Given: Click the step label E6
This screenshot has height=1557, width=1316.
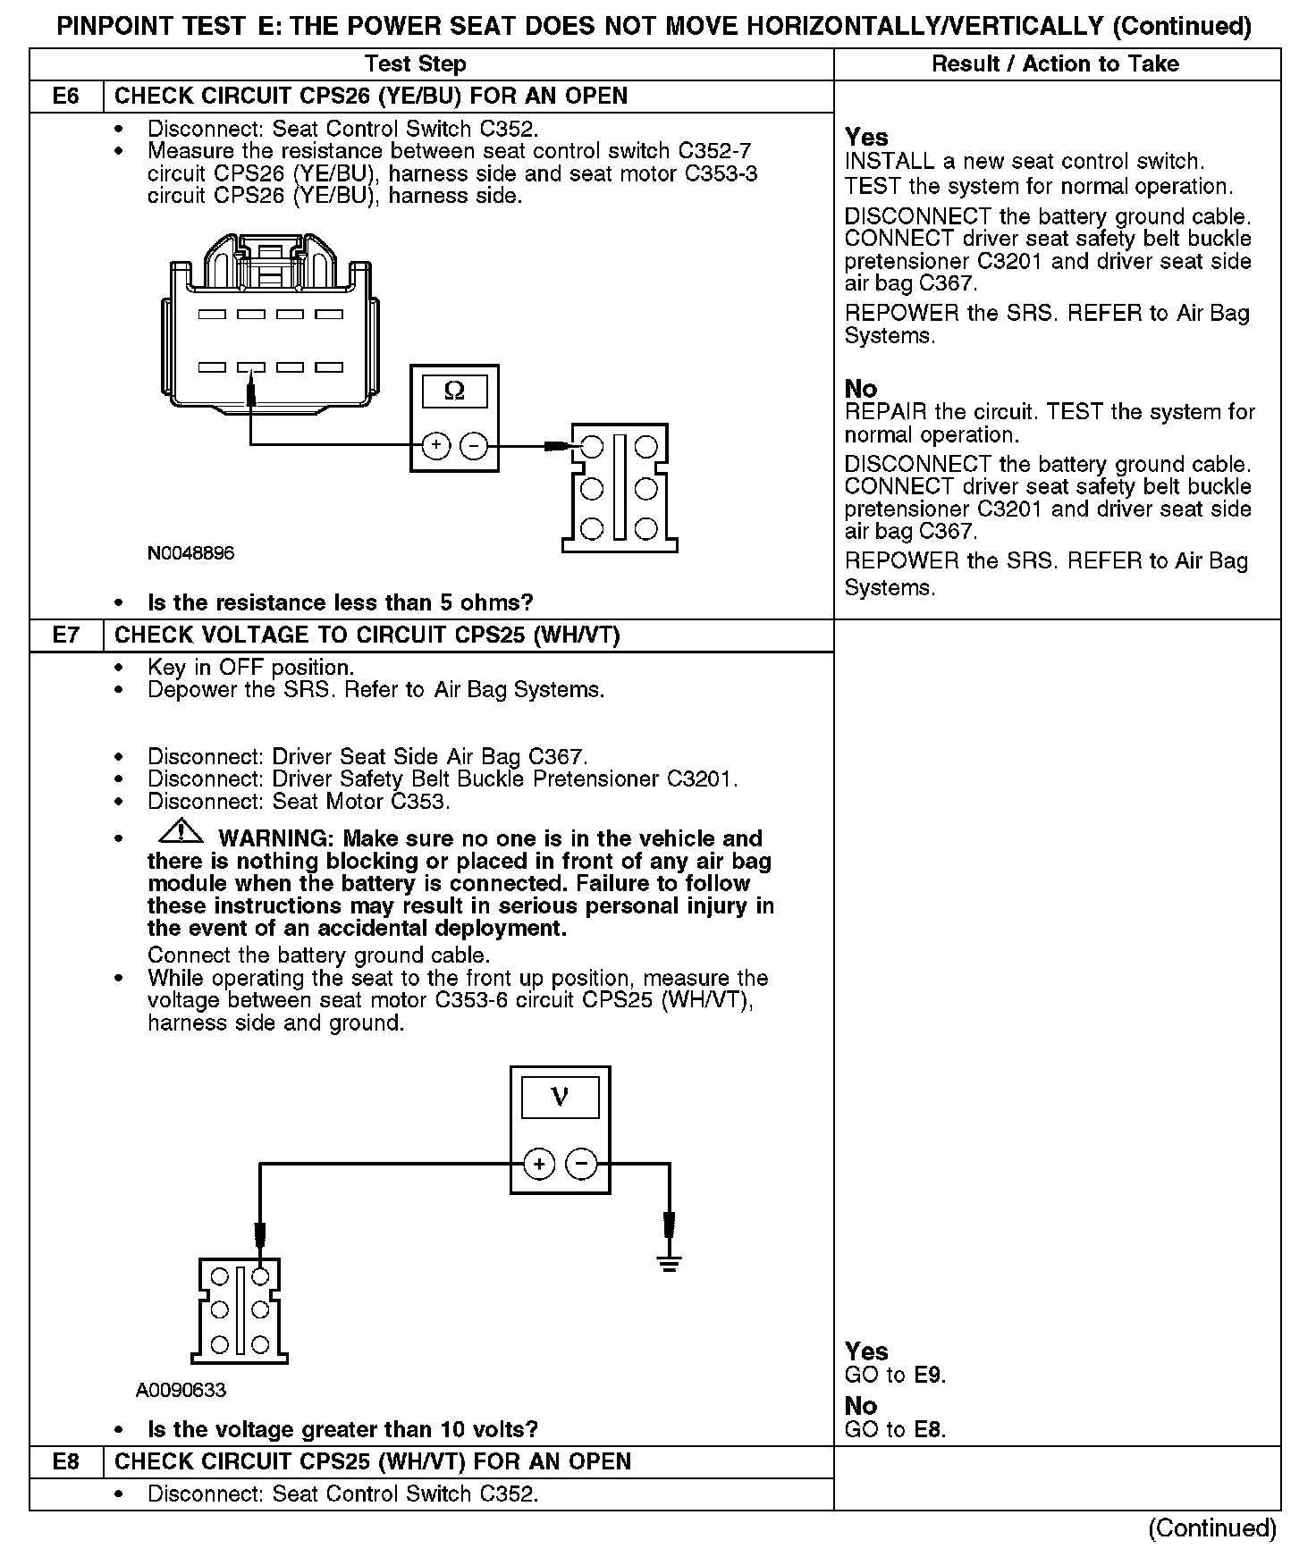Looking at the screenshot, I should coord(66,97).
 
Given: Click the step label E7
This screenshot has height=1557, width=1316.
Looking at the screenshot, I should coord(66,635).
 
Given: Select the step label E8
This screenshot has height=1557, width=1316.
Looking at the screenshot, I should coord(66,1461).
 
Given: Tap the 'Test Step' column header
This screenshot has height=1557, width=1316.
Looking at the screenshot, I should coord(415,64).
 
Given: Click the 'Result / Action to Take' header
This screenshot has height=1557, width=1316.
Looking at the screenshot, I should coord(1055,64).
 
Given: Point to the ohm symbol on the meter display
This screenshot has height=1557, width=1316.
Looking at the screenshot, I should coord(454,391).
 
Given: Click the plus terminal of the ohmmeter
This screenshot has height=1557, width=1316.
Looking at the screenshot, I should coord(435,445).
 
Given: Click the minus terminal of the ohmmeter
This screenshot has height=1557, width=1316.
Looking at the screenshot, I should coord(474,445).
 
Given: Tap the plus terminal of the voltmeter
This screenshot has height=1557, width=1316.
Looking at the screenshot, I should coord(539,1165).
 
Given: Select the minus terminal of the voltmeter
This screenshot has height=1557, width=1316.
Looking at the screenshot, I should coord(582,1165).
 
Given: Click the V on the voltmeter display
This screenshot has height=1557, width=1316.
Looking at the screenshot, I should coord(561,1096).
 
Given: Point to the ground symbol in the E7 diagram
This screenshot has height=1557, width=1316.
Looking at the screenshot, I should coord(669,1262).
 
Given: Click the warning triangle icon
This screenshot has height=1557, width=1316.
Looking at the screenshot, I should coord(181,833).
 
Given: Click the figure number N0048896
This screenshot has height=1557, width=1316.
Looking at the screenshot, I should coord(191,553).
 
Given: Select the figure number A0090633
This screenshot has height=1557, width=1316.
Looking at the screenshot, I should coord(181,1390).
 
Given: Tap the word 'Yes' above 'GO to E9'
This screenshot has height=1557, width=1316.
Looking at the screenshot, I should coord(866,1351).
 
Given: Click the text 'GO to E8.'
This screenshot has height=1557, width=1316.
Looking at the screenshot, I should coord(895,1429).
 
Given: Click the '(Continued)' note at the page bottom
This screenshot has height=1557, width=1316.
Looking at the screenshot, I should coord(1211,1528).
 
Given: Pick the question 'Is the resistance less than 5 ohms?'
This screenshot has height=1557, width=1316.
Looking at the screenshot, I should coord(340,602).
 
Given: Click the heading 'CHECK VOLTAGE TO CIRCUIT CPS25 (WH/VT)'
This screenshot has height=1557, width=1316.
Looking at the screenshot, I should coord(367,635).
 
